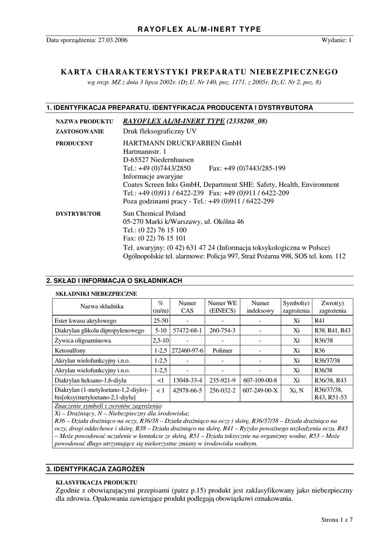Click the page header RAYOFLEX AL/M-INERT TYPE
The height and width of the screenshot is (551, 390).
coord(199,29)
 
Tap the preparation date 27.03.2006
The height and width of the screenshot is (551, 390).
coord(113,40)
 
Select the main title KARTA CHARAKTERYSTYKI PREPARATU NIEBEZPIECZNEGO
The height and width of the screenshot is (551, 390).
coord(199,72)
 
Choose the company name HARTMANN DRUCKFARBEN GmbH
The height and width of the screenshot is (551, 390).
coord(183,144)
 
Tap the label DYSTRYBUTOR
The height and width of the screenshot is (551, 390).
coord(79,214)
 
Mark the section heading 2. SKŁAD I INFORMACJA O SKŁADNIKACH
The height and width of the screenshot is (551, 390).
coord(114,280)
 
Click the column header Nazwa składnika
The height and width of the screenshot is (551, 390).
coord(102,306)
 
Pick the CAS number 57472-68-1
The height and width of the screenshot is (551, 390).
coord(187,330)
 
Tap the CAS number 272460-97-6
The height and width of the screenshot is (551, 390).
coord(187,350)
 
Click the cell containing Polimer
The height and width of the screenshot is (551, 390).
coord(223,350)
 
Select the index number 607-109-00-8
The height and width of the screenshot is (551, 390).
coord(260,380)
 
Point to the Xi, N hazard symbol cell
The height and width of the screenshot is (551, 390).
coord(296,391)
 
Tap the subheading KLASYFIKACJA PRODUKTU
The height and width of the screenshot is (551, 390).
coord(96,482)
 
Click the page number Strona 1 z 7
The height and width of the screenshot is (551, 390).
coord(336,520)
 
